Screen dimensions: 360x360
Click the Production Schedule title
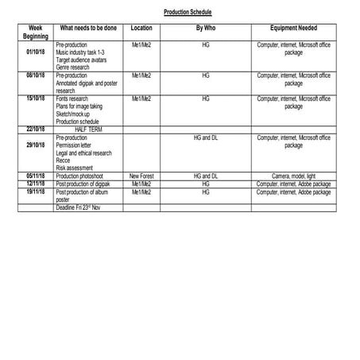(x=188, y=14)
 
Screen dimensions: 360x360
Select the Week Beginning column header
(x=35, y=33)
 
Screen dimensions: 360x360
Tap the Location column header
(x=141, y=29)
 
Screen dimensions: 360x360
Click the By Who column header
(x=205, y=29)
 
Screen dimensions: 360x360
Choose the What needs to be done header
(x=88, y=29)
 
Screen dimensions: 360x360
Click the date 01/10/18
(x=35, y=52)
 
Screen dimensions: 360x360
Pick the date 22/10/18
(x=35, y=129)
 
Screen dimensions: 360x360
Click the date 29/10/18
(x=35, y=145)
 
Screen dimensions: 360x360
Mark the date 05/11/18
(x=35, y=176)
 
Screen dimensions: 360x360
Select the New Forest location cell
(x=141, y=176)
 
